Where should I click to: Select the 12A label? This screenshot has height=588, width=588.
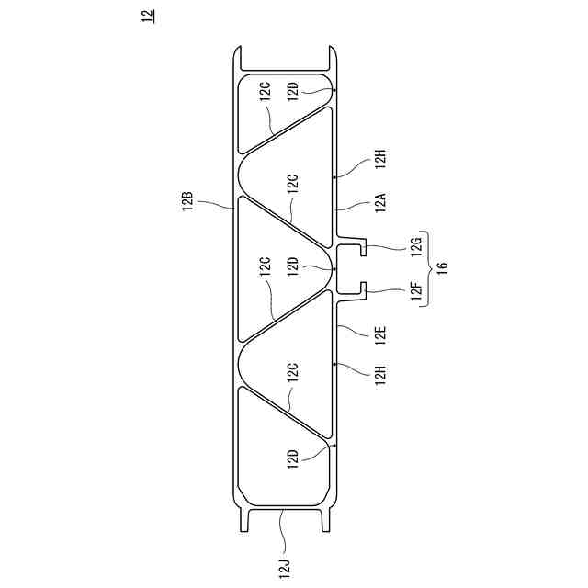tap(381, 200)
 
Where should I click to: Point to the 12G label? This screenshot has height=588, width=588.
tap(416, 244)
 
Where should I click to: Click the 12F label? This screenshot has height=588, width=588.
tap(416, 293)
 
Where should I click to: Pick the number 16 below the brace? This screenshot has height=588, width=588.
tap(443, 268)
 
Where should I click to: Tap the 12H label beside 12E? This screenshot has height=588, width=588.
tap(381, 374)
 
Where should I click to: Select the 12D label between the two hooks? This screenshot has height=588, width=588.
tap(293, 267)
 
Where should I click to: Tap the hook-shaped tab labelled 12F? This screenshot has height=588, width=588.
tap(364, 288)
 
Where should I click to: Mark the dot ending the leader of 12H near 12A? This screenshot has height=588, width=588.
tap(336, 174)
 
